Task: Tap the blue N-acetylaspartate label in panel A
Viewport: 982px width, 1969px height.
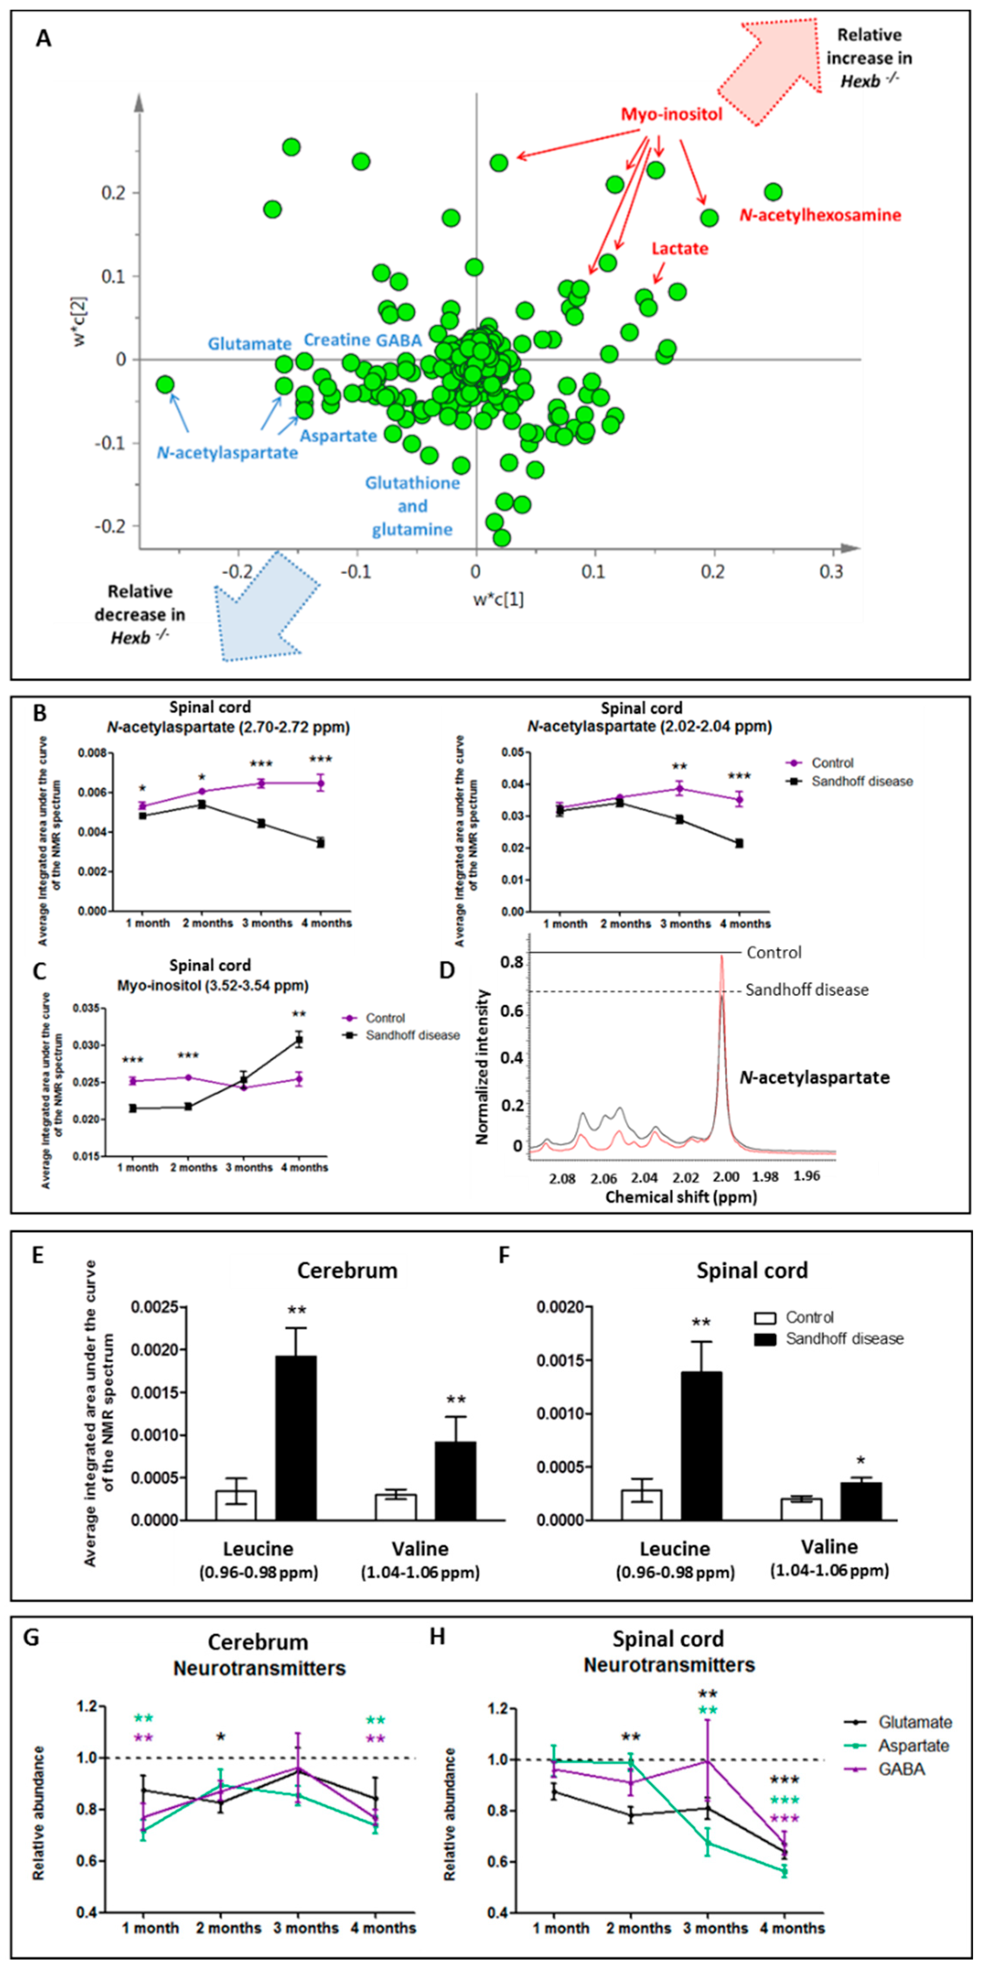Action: click(x=227, y=453)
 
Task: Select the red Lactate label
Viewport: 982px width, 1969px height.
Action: click(x=680, y=248)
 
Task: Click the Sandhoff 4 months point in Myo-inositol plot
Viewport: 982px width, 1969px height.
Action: click(x=299, y=1040)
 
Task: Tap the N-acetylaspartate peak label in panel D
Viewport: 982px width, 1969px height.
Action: click(x=814, y=1078)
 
